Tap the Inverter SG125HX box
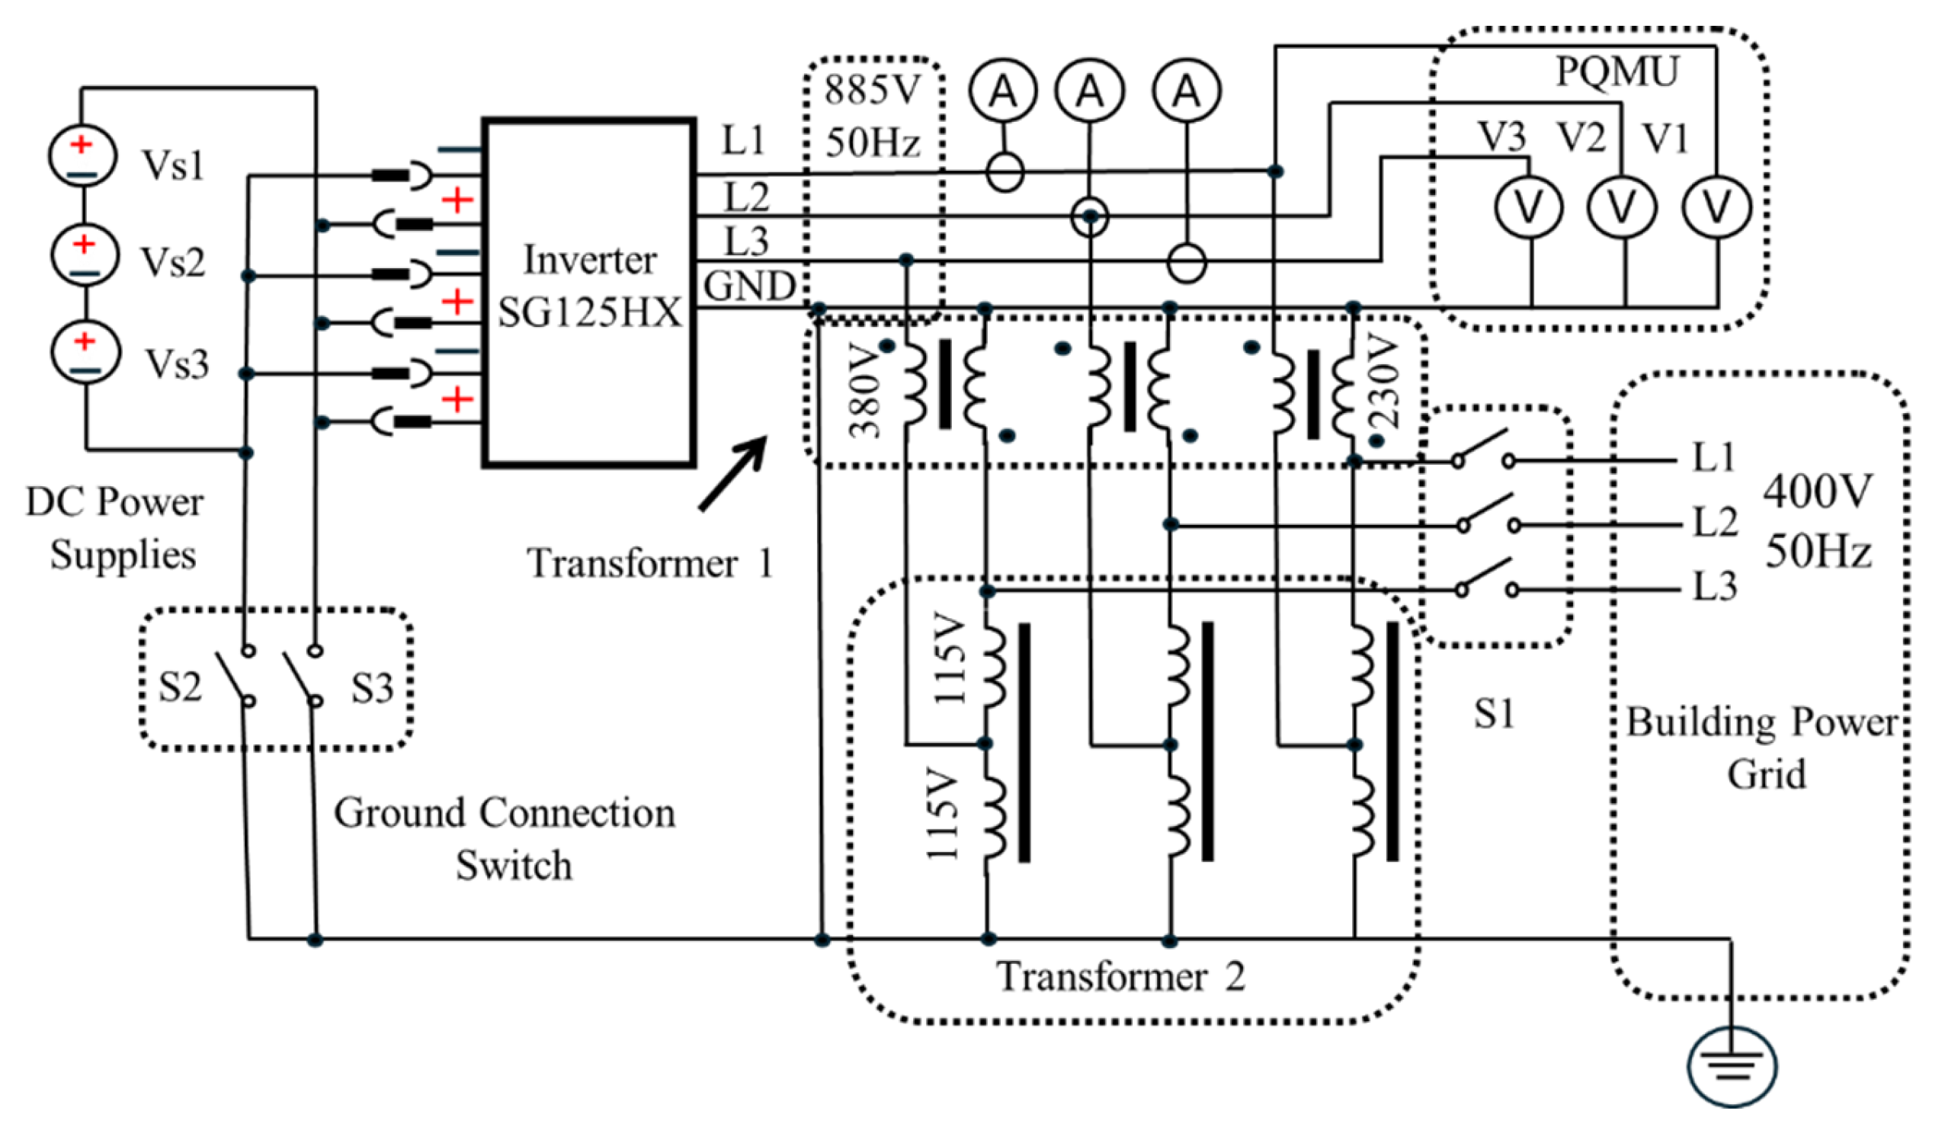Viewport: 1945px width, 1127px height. pyautogui.click(x=590, y=293)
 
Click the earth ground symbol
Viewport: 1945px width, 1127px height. pyautogui.click(x=1732, y=1066)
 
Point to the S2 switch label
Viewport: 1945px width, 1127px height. pyautogui.click(x=180, y=687)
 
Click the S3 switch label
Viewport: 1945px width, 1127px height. pyautogui.click(x=372, y=688)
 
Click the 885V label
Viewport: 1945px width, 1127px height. pyautogui.click(x=872, y=91)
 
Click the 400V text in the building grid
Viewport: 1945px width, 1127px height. pyautogui.click(x=1817, y=491)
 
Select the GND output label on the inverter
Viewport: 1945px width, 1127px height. pyautogui.click(x=748, y=287)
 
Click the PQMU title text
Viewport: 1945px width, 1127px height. pyautogui.click(x=1617, y=72)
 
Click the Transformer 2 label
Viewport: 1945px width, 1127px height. pyautogui.click(x=1120, y=976)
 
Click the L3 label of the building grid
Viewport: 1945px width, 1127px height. pyautogui.click(x=1714, y=587)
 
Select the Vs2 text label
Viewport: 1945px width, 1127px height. pyautogui.click(x=173, y=262)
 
